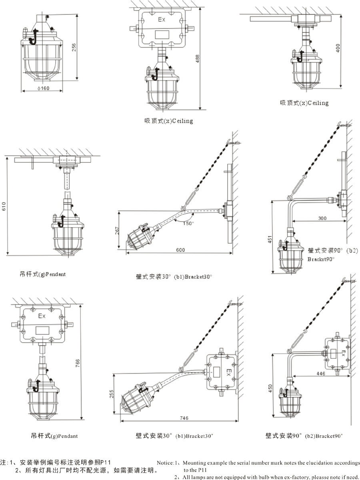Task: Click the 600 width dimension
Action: [x=181, y=250]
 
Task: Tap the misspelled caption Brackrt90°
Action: [x=321, y=259]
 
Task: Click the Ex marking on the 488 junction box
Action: [x=161, y=19]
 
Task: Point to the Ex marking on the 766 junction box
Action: [x=42, y=316]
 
